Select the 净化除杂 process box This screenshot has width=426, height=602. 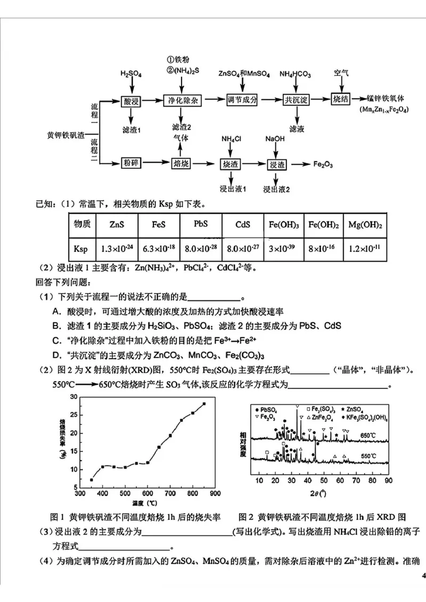click(x=183, y=100)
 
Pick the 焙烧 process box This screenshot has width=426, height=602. click(x=182, y=163)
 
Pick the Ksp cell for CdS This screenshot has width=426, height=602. click(x=242, y=248)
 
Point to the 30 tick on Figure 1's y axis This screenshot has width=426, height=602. click(x=74, y=397)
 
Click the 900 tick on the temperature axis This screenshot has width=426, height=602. click(x=215, y=494)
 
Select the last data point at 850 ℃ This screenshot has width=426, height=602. click(x=204, y=403)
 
